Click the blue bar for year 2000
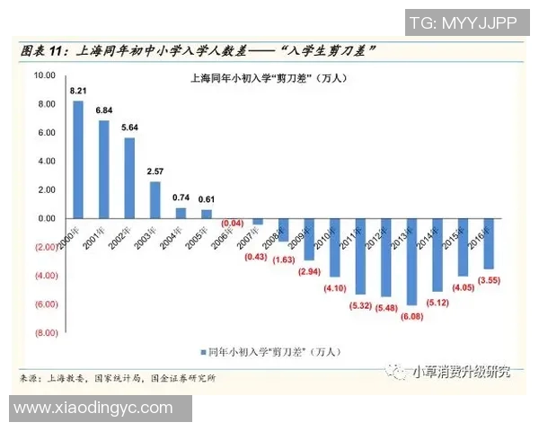click(x=78, y=159)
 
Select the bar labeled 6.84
click(x=104, y=169)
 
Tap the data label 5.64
click(x=129, y=128)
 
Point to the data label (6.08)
click(x=411, y=316)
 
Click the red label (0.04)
click(x=232, y=223)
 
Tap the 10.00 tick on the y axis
click(x=43, y=75)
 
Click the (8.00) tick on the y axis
click(x=43, y=332)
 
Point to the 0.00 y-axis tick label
click(x=45, y=218)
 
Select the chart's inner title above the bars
click(x=269, y=79)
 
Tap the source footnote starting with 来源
click(x=117, y=378)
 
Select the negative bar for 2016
click(x=489, y=243)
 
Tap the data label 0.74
click(x=181, y=198)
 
